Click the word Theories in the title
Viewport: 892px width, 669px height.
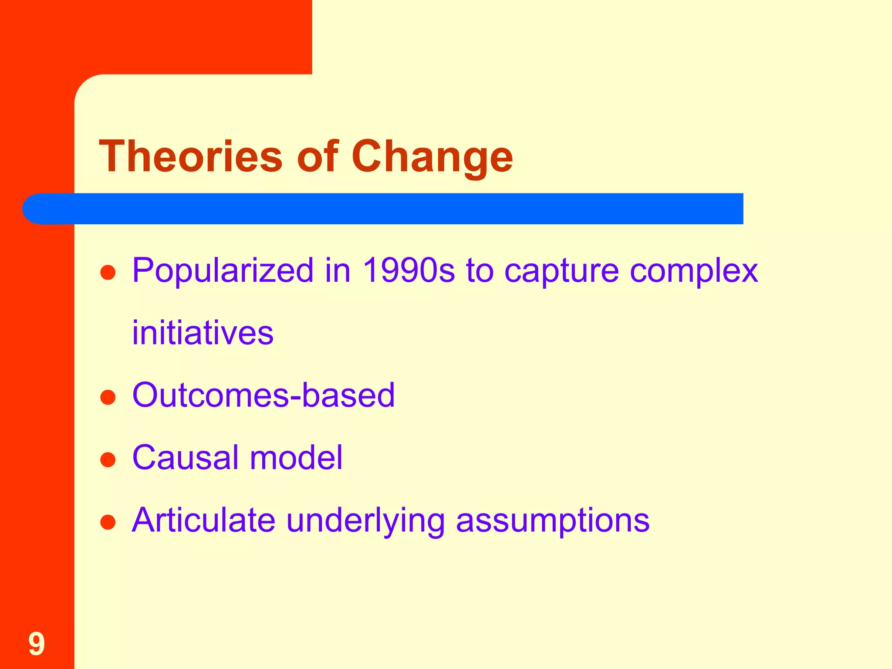(x=191, y=156)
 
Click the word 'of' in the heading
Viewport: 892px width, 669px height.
(x=317, y=156)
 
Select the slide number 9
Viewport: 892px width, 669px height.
(x=37, y=644)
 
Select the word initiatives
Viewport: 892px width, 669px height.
(x=203, y=333)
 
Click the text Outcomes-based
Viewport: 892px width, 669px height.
(x=264, y=395)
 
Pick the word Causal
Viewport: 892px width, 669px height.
(x=185, y=458)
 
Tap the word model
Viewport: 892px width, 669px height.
(x=296, y=458)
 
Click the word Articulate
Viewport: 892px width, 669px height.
(x=203, y=520)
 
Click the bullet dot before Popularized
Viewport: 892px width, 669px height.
(x=108, y=273)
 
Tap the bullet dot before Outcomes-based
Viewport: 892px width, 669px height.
(x=108, y=397)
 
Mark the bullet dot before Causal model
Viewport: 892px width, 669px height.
(x=108, y=460)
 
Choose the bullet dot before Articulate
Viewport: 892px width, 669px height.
(x=108, y=522)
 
